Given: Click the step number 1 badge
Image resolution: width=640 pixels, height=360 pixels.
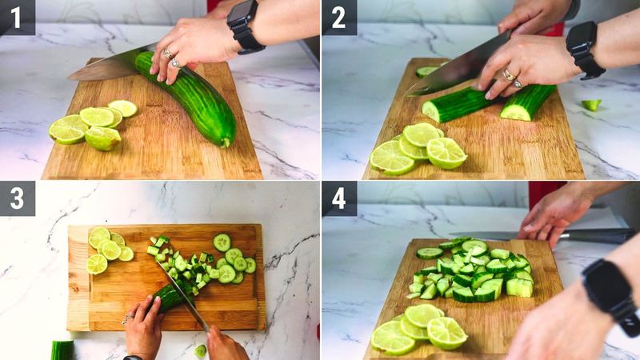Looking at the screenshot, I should click(17, 17).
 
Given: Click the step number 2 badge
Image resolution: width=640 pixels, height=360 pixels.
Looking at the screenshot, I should click(338, 17).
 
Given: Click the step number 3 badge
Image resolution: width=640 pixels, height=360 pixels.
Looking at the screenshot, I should click(17, 198).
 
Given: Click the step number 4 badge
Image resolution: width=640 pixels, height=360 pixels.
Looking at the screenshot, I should click(338, 198).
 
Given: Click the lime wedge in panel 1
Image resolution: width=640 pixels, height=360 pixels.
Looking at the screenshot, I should click(103, 138).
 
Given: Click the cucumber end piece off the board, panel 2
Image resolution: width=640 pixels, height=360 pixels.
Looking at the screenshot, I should click(590, 105).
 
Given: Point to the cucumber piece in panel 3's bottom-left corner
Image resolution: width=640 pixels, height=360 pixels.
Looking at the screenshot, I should click(62, 350).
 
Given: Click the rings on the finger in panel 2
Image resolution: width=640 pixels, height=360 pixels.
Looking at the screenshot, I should click(510, 77).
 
